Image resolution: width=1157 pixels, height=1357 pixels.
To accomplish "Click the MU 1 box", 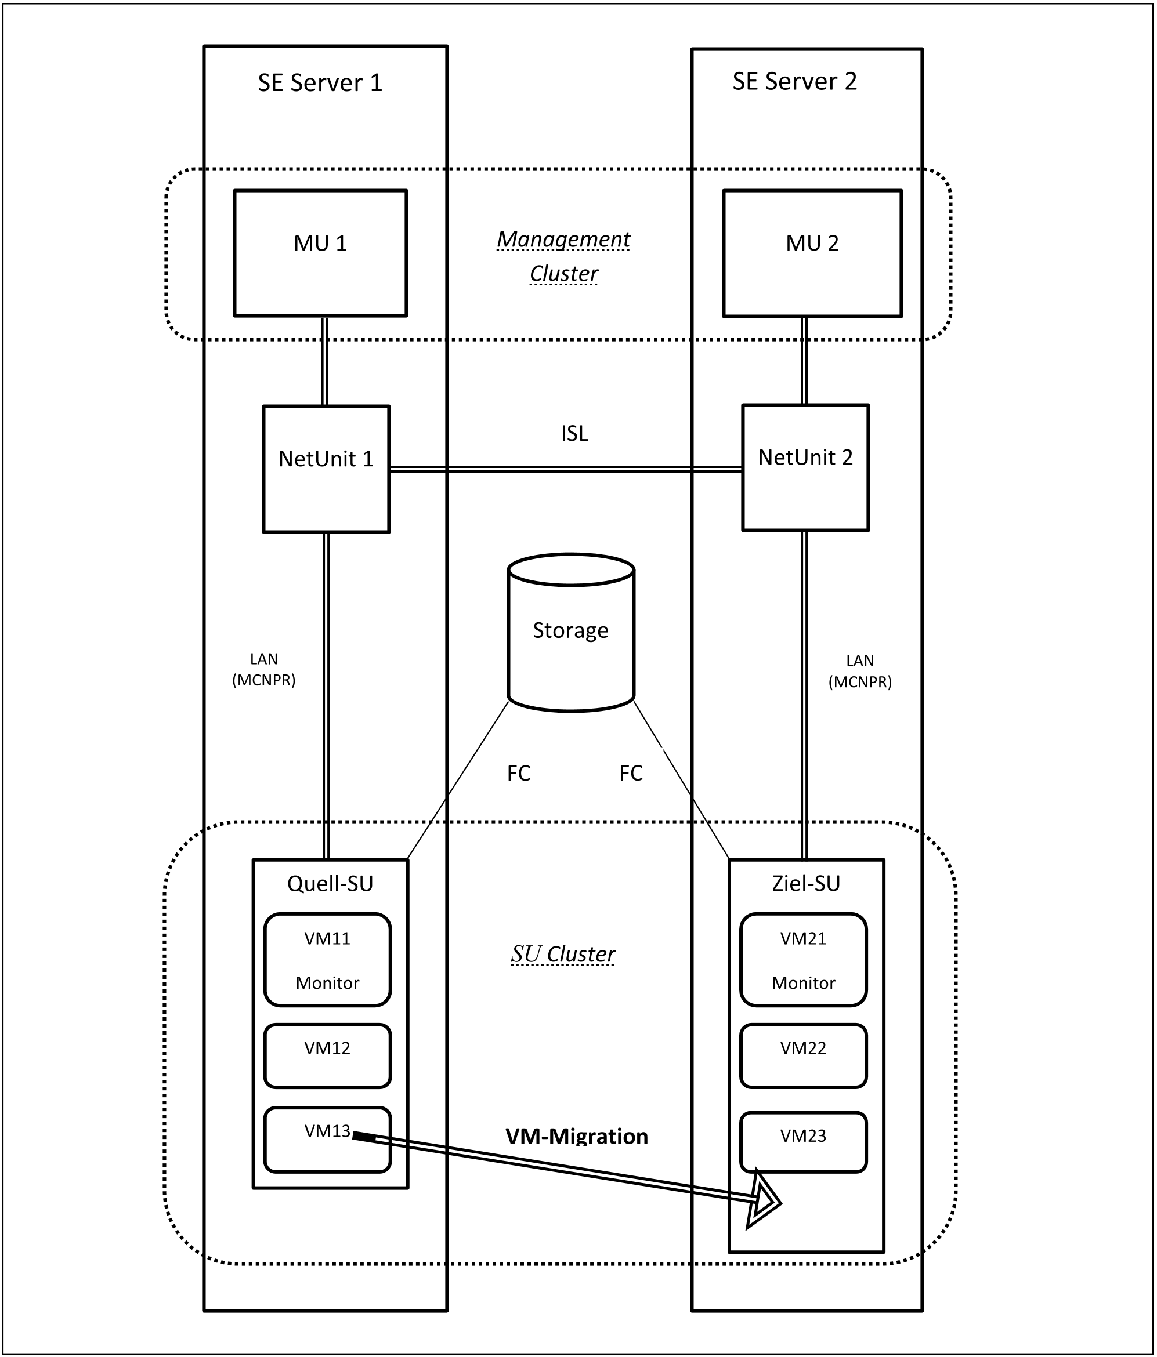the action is (x=320, y=253).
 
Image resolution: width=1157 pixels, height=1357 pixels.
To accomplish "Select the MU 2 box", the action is (x=812, y=253).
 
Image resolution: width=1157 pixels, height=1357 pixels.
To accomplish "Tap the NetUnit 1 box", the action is (x=326, y=469).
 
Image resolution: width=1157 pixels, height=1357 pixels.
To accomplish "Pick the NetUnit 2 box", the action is (x=805, y=467).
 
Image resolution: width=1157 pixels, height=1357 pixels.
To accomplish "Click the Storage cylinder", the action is (x=570, y=633).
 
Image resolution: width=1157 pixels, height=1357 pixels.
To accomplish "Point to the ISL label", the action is (x=574, y=434).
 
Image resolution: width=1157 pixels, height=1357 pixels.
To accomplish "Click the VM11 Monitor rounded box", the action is (x=328, y=959).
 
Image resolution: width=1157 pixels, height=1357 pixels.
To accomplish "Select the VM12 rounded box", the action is (x=328, y=1056).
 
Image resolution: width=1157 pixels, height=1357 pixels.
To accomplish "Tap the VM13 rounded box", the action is (x=328, y=1140).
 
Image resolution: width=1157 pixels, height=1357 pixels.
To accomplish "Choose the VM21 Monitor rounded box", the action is (x=803, y=959).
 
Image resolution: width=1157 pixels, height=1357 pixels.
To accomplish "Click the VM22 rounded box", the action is (x=803, y=1056).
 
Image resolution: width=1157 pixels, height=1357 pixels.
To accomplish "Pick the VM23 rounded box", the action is (x=803, y=1141).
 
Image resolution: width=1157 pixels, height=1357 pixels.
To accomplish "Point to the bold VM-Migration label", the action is (x=577, y=1136).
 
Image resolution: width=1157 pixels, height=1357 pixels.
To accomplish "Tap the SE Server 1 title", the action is (x=320, y=83).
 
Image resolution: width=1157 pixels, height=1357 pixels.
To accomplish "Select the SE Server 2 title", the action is (x=795, y=82).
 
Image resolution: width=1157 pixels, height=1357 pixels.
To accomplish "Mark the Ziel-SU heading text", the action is (x=806, y=883).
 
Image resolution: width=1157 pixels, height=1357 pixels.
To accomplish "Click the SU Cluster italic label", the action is (x=563, y=954).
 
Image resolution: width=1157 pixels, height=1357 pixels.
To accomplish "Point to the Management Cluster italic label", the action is (x=563, y=257).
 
